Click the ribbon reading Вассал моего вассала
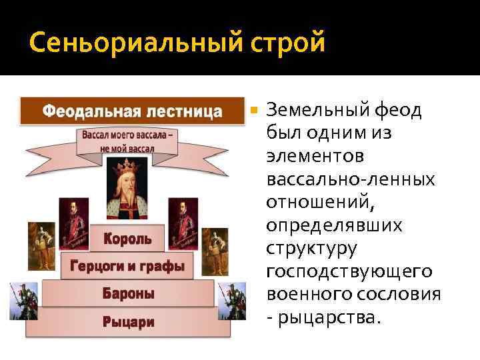[x=129, y=141]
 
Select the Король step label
[x=127, y=238]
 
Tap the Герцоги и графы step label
[x=127, y=266]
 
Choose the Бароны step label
[x=128, y=293]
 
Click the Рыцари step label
[x=128, y=321]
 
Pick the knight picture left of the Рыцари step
[x=23, y=301]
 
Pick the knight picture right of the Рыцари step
[x=233, y=301]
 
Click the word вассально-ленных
[x=350, y=179]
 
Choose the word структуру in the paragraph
[x=311, y=249]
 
